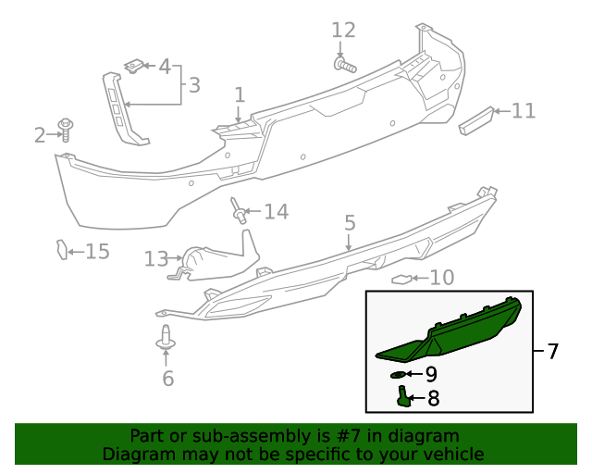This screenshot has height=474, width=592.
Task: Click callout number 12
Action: pos(343,31)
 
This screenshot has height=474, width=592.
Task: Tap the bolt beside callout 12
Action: pos(345,65)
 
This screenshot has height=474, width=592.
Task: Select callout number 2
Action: pos(40,136)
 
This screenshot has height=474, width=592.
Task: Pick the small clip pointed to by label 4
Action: pos(135,66)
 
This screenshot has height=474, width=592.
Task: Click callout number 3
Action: pos(194,85)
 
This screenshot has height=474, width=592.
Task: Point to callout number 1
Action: pos(239,94)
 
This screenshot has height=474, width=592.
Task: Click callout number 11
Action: pos(524,111)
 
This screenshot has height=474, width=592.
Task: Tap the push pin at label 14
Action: pos(240,213)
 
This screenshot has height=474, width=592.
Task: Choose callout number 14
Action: pos(276,212)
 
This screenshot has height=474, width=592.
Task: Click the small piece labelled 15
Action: pos(62,250)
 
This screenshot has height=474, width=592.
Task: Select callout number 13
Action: pos(155,258)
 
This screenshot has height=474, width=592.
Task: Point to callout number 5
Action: pos(350,222)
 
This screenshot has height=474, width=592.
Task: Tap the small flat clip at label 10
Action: pos(402,279)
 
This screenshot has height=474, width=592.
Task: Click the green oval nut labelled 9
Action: pos(399,374)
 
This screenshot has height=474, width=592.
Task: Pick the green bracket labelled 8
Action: pos(405,398)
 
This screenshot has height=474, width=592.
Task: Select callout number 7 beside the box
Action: pos(553,352)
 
